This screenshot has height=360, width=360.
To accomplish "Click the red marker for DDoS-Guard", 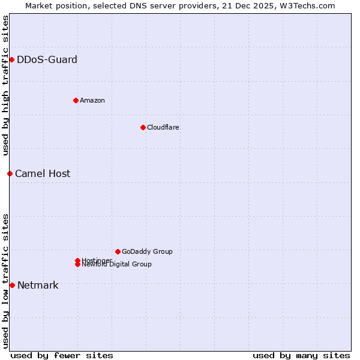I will pos(11,59).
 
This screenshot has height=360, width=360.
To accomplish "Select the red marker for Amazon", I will pos(76,100).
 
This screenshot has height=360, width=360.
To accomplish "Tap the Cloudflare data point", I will pos(143,127).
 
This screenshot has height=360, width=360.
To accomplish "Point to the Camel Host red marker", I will pos(10,173).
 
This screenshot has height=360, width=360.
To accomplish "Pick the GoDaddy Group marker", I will pos(118,251).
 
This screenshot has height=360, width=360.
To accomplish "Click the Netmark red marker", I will pos(12,285).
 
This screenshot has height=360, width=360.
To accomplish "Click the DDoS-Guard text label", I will pos(47,59).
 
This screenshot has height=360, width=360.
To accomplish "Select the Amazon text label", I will pos(92,100).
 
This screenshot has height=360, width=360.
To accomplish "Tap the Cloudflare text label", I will pos(163,127).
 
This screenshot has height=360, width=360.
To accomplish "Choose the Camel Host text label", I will pos(43,173).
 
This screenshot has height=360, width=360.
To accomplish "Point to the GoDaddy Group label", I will pos(147,251).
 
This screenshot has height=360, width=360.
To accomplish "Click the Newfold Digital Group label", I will pos(116,265).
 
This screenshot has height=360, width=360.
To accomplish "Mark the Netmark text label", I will pos(38,285).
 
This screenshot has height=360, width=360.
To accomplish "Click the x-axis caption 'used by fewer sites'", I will pos(62,355).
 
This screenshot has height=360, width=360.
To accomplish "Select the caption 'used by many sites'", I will pos(301,355).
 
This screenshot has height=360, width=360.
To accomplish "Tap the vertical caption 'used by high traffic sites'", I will pos(5,85).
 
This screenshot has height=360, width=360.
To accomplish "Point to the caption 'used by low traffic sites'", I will pos(5,280).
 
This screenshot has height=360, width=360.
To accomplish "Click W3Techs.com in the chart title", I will pos(310,5).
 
